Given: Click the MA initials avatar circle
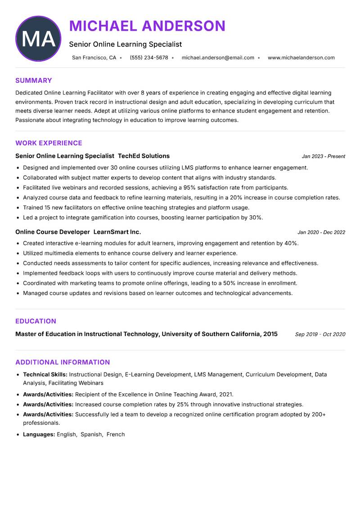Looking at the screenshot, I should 38,39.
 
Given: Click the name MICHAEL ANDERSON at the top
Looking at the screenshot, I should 147,26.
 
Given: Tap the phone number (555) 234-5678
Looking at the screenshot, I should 149,58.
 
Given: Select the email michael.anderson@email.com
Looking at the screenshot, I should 218,58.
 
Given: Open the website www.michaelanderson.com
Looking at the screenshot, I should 301,58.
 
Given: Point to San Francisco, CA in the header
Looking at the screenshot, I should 94,58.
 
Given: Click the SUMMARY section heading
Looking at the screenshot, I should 34,81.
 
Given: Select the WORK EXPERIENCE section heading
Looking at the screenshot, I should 49,143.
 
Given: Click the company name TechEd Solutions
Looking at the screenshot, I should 144,156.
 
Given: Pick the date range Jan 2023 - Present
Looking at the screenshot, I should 323,156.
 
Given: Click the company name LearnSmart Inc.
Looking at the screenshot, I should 117,232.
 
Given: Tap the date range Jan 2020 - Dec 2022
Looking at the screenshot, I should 321,232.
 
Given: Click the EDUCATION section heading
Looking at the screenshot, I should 36,321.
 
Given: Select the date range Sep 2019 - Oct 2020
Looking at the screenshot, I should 320,334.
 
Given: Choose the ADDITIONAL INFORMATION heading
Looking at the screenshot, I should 63,362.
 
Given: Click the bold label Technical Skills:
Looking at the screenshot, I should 45,374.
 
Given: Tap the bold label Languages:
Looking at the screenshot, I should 39,434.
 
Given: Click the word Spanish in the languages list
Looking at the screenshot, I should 91,434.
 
